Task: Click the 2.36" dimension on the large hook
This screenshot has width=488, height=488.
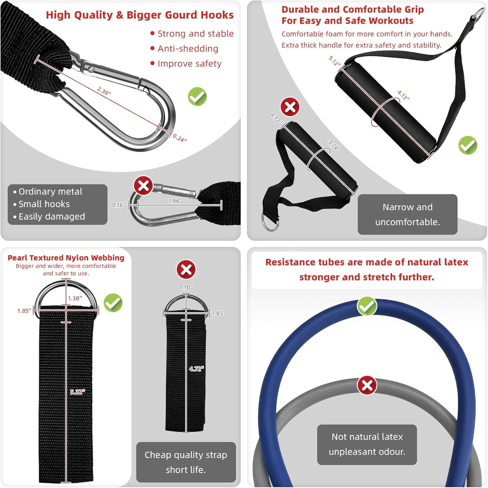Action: coord(104,91)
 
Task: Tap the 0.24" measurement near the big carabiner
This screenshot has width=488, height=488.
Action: coord(180,138)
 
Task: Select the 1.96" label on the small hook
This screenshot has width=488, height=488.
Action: coord(175,201)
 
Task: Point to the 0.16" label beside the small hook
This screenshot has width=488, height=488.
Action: coord(119,205)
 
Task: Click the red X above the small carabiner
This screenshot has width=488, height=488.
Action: coord(143,185)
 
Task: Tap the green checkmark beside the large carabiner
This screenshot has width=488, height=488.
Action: coord(197,97)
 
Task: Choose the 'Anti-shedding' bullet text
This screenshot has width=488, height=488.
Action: coord(188,49)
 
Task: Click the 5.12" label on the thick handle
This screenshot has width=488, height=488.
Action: coord(335,61)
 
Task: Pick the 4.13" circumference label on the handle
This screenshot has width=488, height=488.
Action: coord(403,95)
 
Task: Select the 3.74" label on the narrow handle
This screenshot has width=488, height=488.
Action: coord(334,145)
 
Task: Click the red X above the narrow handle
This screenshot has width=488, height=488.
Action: coord(290,107)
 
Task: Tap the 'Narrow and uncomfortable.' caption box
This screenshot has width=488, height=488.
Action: coord(407,214)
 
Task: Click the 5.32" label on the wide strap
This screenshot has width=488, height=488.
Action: coord(78,392)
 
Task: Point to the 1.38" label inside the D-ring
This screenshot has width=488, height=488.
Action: coord(75,299)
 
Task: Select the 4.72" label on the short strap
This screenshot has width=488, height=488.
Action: coord(197,369)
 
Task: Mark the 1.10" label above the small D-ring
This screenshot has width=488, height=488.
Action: coord(186,287)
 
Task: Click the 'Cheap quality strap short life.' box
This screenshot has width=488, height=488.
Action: coord(186,462)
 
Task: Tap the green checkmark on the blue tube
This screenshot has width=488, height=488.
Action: coord(367,306)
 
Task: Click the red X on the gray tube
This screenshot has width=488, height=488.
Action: coord(367,385)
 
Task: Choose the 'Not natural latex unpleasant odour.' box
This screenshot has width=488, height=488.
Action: coord(367,444)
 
